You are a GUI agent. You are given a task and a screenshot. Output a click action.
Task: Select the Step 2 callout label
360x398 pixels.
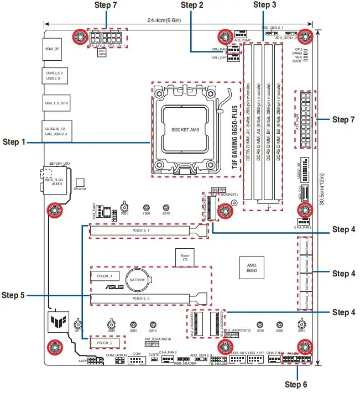coord(192,5)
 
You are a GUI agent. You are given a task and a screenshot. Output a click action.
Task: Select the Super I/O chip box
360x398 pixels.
coord(185,257)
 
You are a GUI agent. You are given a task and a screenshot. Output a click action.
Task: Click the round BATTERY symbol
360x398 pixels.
coord(137,280)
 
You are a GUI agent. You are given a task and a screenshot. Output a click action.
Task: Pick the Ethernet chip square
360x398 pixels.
coord(80,182)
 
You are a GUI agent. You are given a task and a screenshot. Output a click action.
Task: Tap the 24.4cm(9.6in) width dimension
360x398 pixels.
coord(163,20)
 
